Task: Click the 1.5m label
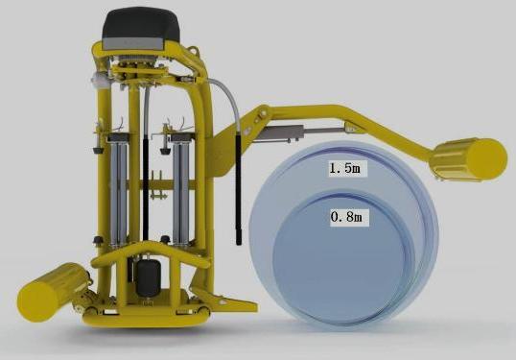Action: pyautogui.click(x=344, y=168)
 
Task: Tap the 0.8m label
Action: pyautogui.click(x=346, y=217)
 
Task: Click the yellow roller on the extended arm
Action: pyautogui.click(x=469, y=159)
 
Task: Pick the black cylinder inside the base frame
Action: pyautogui.click(x=148, y=277)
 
